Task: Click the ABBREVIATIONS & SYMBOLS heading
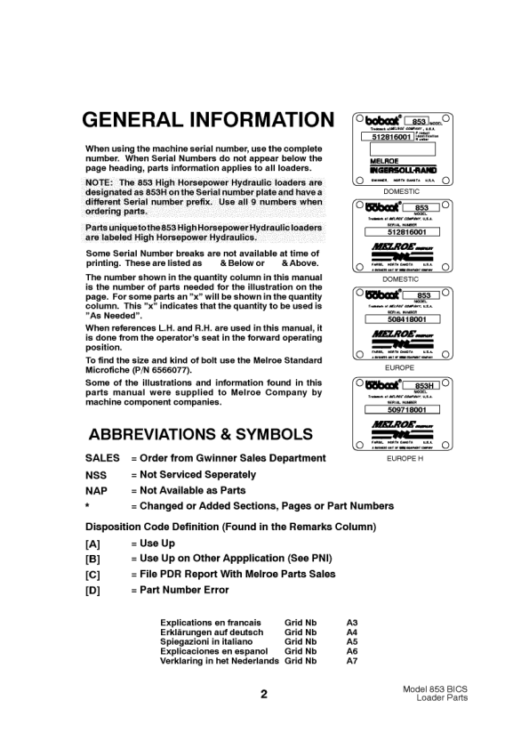click(x=200, y=435)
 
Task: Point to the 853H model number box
click(x=423, y=386)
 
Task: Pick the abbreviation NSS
click(x=96, y=475)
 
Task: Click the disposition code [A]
click(x=92, y=543)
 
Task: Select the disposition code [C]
click(x=92, y=575)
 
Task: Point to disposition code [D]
click(x=92, y=591)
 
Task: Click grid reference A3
click(x=352, y=623)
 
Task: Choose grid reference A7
click(x=352, y=661)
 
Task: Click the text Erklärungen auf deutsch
click(x=212, y=632)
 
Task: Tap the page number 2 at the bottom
click(x=264, y=695)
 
